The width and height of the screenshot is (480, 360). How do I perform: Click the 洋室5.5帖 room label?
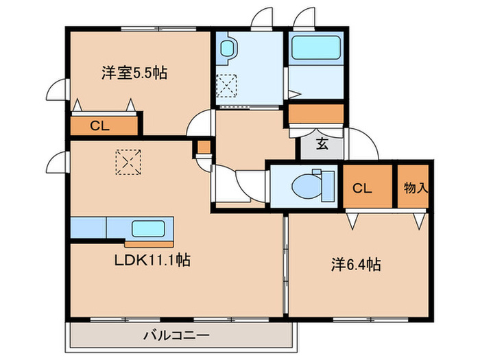coord(134,73)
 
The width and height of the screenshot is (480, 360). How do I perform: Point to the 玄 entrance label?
coord(322,144)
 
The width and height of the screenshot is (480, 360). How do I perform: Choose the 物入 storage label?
coord(414,188)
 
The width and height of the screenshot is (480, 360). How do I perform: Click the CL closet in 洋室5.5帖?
coord(100,125)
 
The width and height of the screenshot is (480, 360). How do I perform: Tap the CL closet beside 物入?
coord(362,188)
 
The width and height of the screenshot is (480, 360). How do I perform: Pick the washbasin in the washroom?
coord(227,49)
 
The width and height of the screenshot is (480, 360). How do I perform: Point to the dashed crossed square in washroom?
coord(226,87)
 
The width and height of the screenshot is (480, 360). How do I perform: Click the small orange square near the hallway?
coord(204,147)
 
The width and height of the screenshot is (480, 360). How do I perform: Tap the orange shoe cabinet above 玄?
coord(315,113)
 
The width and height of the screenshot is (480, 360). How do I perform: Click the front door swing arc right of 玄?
coord(361,145)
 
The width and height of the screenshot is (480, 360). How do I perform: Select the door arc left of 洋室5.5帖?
coord(58,91)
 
